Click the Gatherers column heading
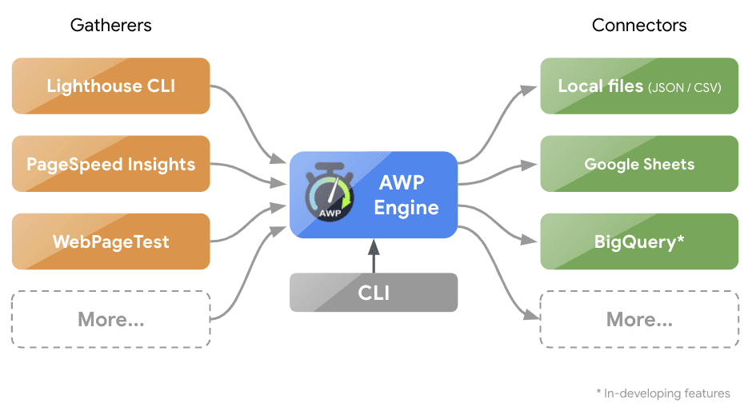tap(110, 26)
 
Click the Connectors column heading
tap(638, 26)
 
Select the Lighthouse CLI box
tap(110, 86)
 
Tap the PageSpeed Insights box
tap(110, 164)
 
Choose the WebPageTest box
tap(110, 241)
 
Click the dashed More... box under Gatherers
tap(110, 320)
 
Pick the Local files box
tap(638, 86)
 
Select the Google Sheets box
tap(638, 164)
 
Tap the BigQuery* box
tap(638, 241)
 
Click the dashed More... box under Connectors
tap(638, 320)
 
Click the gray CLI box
tap(374, 293)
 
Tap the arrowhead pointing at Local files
tap(529, 90)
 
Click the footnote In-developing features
tap(664, 393)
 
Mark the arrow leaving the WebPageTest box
tap(248, 227)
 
